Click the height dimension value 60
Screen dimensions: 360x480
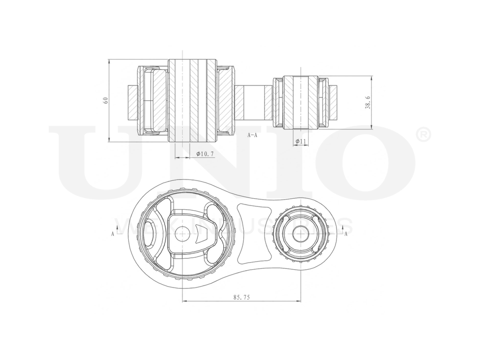coord(105,100)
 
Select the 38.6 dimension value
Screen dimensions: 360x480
coord(368,102)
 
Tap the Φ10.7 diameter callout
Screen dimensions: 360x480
coord(205,155)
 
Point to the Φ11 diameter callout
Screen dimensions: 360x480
coord(301,142)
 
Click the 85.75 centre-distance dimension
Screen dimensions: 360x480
coord(241,298)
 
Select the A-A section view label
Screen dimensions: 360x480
coord(252,135)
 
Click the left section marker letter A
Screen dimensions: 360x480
coord(112,234)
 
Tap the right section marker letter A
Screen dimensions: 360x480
coord(346,234)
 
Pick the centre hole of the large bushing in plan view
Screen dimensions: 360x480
coord(182,233)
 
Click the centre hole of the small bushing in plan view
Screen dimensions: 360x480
coord(301,233)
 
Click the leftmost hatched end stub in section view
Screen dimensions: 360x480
coord(132,102)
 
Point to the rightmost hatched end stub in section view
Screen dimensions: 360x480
coord(335,102)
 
